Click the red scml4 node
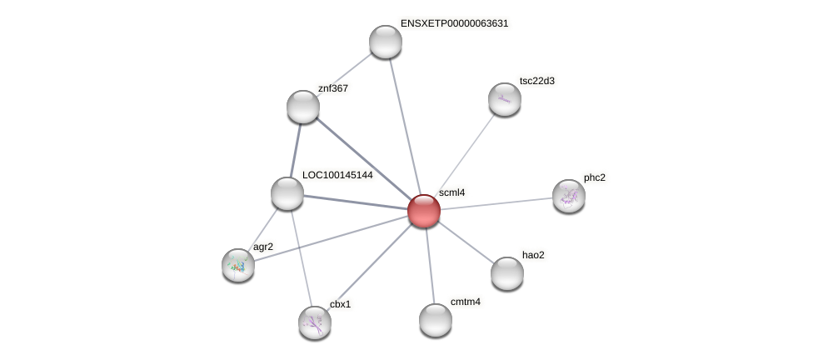423,211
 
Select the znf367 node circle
303,107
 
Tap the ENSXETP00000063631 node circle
386,42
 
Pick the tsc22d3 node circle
505,99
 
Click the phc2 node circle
569,196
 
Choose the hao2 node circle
507,273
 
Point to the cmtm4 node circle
436,320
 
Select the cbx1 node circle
315,322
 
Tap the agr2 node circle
238,265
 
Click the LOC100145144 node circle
287,193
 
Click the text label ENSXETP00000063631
454,23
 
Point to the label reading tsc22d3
536,81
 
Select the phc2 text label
594,177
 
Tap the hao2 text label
533,255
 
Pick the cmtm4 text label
465,302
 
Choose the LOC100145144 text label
337,175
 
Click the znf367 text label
333,88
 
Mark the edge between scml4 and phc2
496,203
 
